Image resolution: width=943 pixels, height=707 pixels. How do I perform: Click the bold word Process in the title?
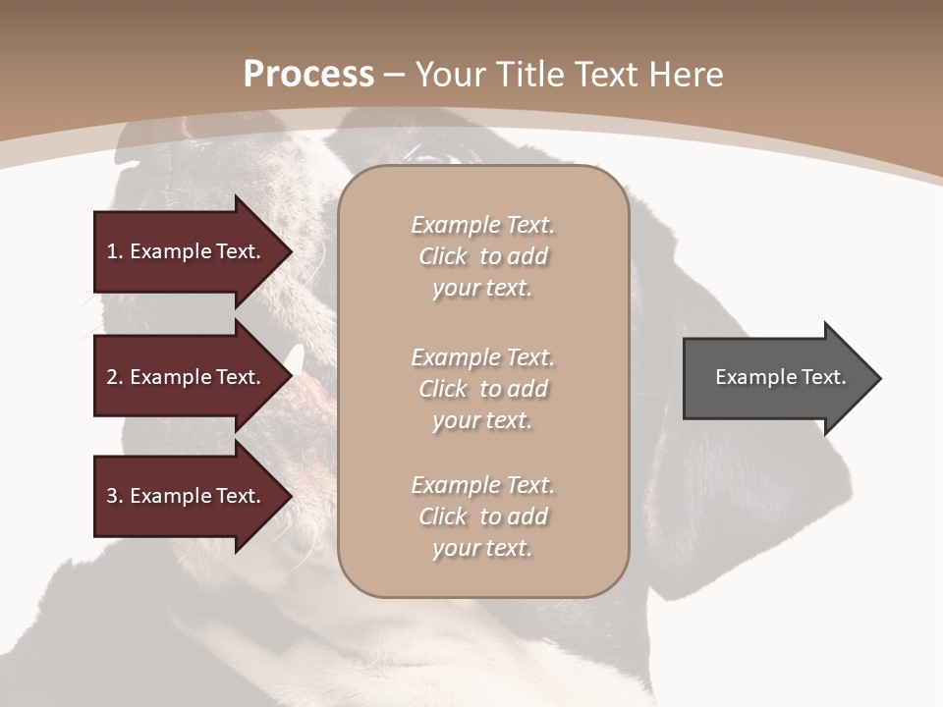click(308, 75)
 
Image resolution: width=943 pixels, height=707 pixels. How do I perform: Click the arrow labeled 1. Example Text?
click(187, 251)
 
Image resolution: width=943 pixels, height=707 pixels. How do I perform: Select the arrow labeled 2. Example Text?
click(187, 377)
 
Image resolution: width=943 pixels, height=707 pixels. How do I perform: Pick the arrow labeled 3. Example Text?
click(187, 496)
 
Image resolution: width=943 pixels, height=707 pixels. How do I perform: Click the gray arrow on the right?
click(776, 378)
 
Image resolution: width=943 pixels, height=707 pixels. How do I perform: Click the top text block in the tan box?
click(482, 256)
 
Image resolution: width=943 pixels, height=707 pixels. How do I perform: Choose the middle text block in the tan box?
click(482, 389)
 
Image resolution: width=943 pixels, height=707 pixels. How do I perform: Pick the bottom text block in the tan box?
click(482, 517)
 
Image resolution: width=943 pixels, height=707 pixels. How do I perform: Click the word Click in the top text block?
click(443, 256)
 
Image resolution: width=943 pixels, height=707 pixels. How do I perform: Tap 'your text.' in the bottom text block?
click(482, 548)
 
